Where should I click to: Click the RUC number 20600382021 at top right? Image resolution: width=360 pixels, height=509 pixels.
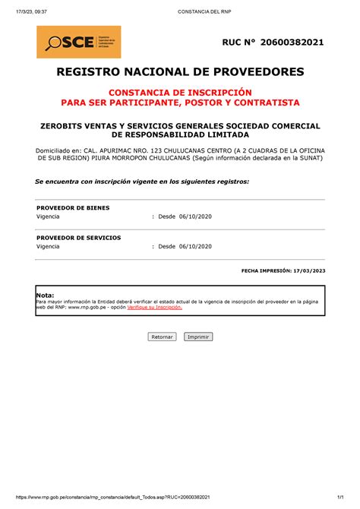(x=292, y=42)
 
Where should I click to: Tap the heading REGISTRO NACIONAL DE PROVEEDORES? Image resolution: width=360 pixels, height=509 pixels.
(x=180, y=72)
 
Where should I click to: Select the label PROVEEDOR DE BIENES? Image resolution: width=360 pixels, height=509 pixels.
(x=73, y=207)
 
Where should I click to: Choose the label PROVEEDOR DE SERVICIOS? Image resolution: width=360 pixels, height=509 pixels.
(x=78, y=238)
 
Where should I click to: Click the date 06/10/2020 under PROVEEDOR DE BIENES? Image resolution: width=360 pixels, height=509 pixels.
(x=195, y=217)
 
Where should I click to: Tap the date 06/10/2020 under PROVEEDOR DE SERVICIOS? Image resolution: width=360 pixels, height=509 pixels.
(x=195, y=247)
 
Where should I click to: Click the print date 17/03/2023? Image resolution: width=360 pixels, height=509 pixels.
(x=308, y=270)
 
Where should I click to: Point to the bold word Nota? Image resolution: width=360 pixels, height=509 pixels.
(x=45, y=294)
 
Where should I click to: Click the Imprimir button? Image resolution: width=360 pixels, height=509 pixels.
(x=198, y=336)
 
